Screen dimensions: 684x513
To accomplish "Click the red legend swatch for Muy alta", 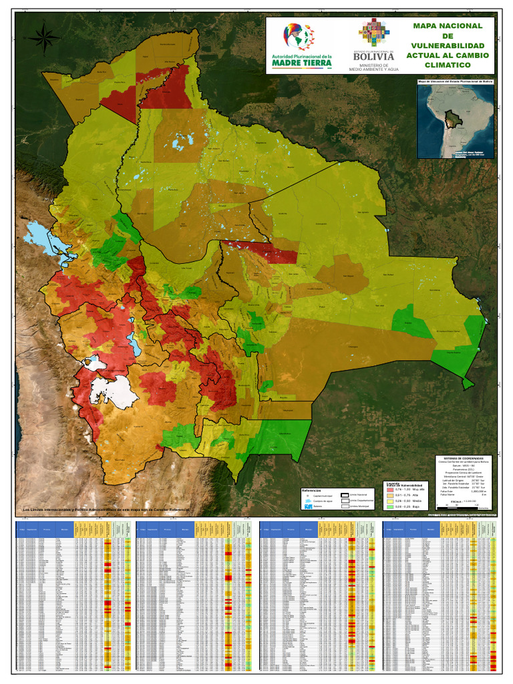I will click(x=389, y=490).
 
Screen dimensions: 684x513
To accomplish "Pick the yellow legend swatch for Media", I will click(x=389, y=501).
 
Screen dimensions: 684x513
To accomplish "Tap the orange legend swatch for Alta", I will click(x=389, y=495).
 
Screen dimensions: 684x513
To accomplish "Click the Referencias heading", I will click(x=312, y=490).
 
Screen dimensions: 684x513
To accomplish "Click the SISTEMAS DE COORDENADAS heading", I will click(x=463, y=450).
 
